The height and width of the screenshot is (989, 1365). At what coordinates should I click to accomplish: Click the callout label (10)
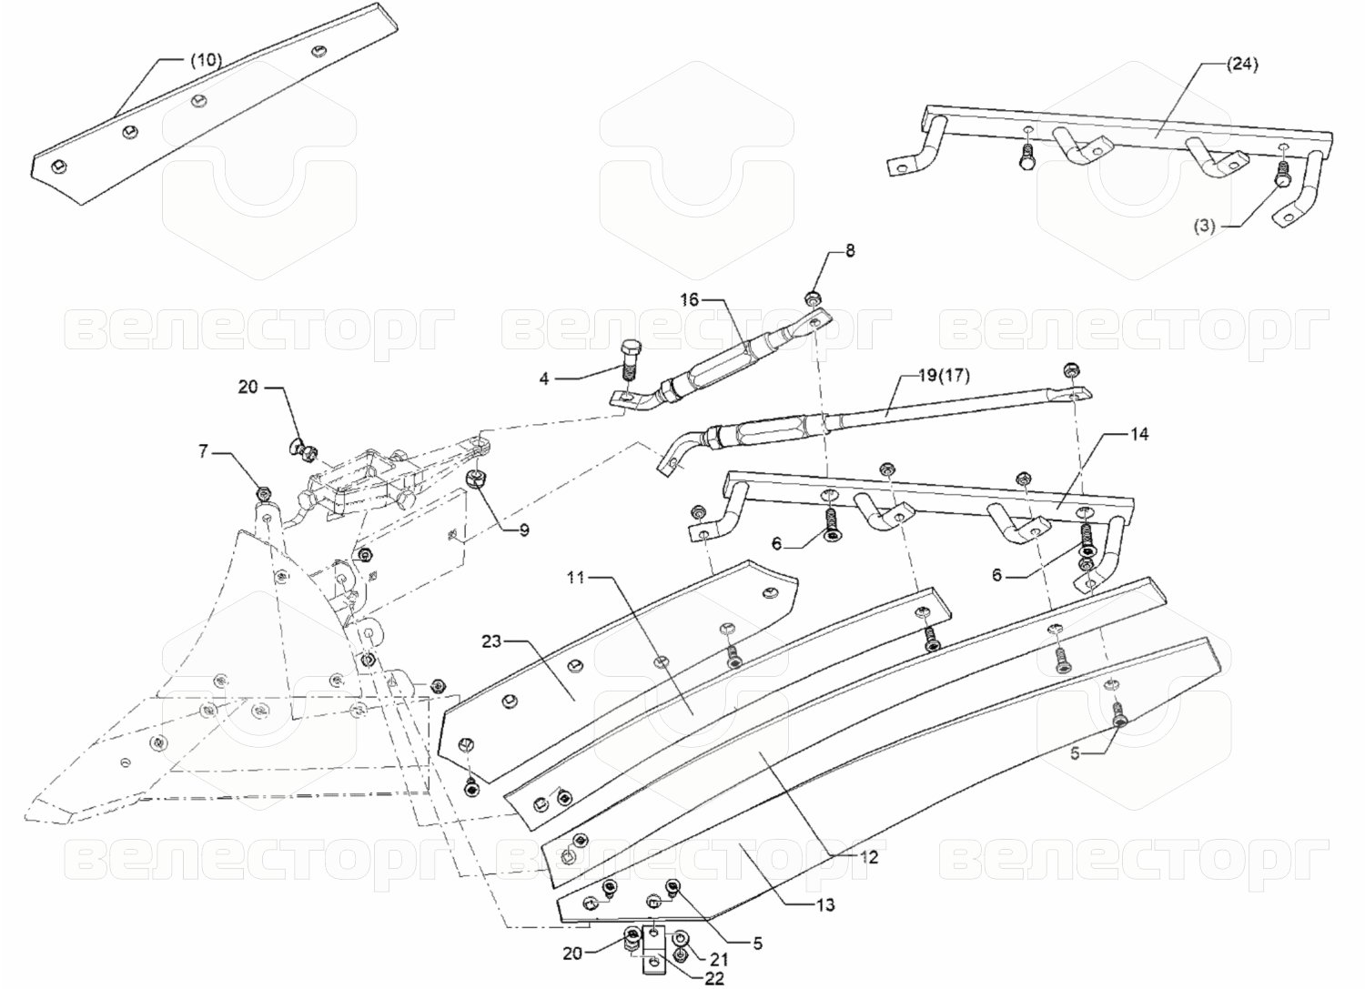207,60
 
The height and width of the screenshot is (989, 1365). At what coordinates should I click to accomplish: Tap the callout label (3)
1204,227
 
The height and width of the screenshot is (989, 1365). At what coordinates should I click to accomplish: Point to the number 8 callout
850,250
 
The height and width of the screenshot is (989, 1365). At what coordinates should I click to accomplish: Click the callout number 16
690,299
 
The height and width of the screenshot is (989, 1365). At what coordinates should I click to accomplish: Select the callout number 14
1139,434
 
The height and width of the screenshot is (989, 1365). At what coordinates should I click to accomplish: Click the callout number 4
544,379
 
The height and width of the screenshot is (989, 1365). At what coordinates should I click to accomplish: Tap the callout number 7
203,451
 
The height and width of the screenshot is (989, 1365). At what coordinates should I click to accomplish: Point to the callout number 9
524,530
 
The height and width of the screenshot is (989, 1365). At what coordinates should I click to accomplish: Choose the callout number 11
575,577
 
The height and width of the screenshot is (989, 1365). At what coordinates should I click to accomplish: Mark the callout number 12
870,857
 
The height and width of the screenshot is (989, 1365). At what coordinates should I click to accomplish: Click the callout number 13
824,905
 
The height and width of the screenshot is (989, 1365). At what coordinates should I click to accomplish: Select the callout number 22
713,979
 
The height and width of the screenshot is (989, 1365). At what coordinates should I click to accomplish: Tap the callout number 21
719,960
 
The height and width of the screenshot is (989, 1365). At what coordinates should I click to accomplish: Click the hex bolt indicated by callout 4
629,360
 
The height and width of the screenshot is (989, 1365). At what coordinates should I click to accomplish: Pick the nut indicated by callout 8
813,298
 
